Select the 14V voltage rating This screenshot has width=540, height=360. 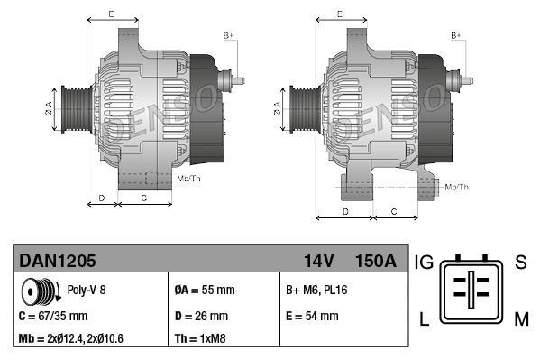(x=318, y=262)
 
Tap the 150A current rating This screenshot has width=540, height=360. (x=375, y=262)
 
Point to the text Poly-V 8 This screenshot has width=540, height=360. (x=87, y=291)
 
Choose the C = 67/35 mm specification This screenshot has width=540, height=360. (x=53, y=316)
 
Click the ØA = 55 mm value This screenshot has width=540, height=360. (x=204, y=291)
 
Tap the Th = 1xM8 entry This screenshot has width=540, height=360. (x=200, y=339)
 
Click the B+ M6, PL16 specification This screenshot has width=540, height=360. (x=317, y=291)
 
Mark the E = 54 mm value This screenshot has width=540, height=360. (x=312, y=316)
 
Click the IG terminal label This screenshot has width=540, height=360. (x=424, y=263)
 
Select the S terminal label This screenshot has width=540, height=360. (x=520, y=263)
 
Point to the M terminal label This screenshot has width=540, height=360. (x=520, y=318)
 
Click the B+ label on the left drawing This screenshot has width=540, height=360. (x=229, y=35)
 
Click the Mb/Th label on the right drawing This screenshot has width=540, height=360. (x=457, y=187)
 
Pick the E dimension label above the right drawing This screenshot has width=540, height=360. (x=339, y=14)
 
